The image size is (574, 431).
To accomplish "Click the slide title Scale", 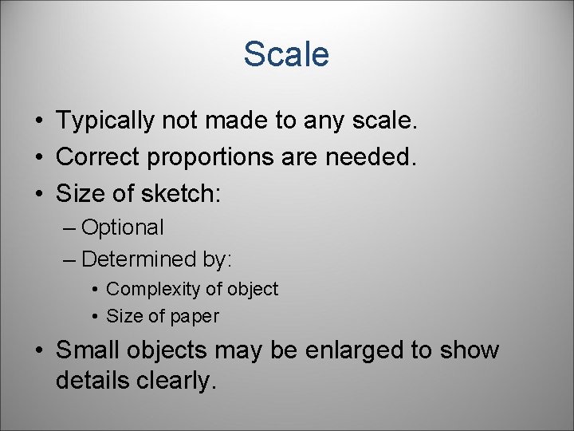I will (x=286, y=54).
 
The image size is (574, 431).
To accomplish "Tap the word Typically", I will (x=106, y=122).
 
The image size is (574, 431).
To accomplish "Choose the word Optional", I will (x=123, y=228).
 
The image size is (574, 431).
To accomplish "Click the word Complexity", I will (x=151, y=289).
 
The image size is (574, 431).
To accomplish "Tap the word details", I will (x=91, y=381).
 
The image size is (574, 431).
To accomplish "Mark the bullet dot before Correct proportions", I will (x=38, y=158).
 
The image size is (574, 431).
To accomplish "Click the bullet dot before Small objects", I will (x=38, y=351).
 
